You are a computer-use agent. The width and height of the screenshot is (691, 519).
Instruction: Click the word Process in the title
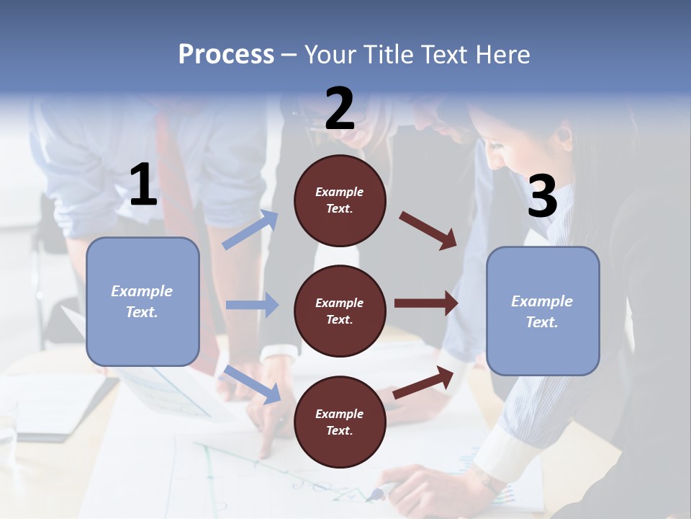pos(226,55)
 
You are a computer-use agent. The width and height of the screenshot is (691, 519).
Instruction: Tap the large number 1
pos(143,186)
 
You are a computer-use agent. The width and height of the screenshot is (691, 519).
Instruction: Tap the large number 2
pos(340,109)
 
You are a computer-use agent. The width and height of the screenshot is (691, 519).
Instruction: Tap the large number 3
pos(542,196)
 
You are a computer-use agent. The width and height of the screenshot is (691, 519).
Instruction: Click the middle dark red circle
pos(340,311)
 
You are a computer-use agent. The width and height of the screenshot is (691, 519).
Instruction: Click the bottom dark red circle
pos(340,422)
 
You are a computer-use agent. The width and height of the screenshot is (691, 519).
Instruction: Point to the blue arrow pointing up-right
pos(250,230)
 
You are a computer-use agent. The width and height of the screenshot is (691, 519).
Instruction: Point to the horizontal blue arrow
pos(252,305)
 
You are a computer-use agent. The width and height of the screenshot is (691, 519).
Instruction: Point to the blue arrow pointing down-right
pos(253,384)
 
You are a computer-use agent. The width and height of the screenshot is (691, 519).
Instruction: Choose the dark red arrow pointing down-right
pos(428,230)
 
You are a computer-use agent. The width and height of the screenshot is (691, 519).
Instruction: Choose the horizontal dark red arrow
pos(426,303)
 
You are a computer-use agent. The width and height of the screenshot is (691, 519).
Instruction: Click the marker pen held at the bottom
pos(381,492)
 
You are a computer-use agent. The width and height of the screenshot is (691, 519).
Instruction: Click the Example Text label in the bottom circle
pos(340,422)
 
